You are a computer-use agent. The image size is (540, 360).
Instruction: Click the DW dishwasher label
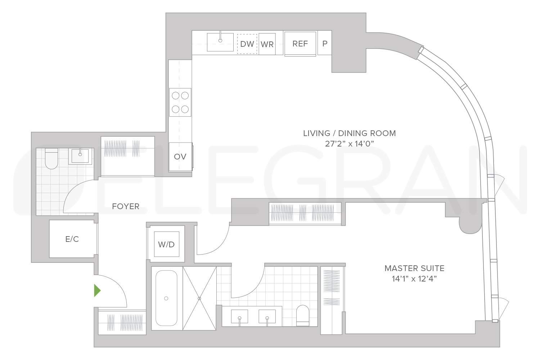(247, 44)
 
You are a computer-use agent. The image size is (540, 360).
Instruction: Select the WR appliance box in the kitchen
(267, 44)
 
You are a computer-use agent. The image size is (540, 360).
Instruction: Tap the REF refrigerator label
(300, 44)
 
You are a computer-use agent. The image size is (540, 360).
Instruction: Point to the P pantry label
(325, 44)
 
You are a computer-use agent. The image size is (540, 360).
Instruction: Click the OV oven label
(180, 157)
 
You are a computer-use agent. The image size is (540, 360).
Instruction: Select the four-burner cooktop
(180, 102)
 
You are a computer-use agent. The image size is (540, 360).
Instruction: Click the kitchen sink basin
(220, 42)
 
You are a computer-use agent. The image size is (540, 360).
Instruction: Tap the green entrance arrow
(97, 291)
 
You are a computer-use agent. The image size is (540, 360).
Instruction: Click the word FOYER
(125, 206)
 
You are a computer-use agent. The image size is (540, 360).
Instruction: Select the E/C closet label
(72, 239)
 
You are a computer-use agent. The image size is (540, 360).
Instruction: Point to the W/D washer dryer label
(166, 244)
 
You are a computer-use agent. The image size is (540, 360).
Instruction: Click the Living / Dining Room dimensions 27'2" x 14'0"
(349, 144)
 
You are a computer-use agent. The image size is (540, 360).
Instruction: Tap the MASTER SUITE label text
(414, 268)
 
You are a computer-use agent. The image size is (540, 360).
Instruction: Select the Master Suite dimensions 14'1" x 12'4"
(414, 279)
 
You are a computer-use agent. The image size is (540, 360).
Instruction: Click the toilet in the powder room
(51, 159)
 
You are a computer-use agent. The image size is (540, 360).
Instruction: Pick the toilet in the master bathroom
(302, 315)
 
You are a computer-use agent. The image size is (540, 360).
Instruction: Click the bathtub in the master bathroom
(166, 298)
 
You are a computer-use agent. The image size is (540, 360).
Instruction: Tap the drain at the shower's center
(199, 298)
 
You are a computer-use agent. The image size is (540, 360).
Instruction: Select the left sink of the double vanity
(239, 316)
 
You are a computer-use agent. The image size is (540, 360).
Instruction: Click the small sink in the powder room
(80, 156)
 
